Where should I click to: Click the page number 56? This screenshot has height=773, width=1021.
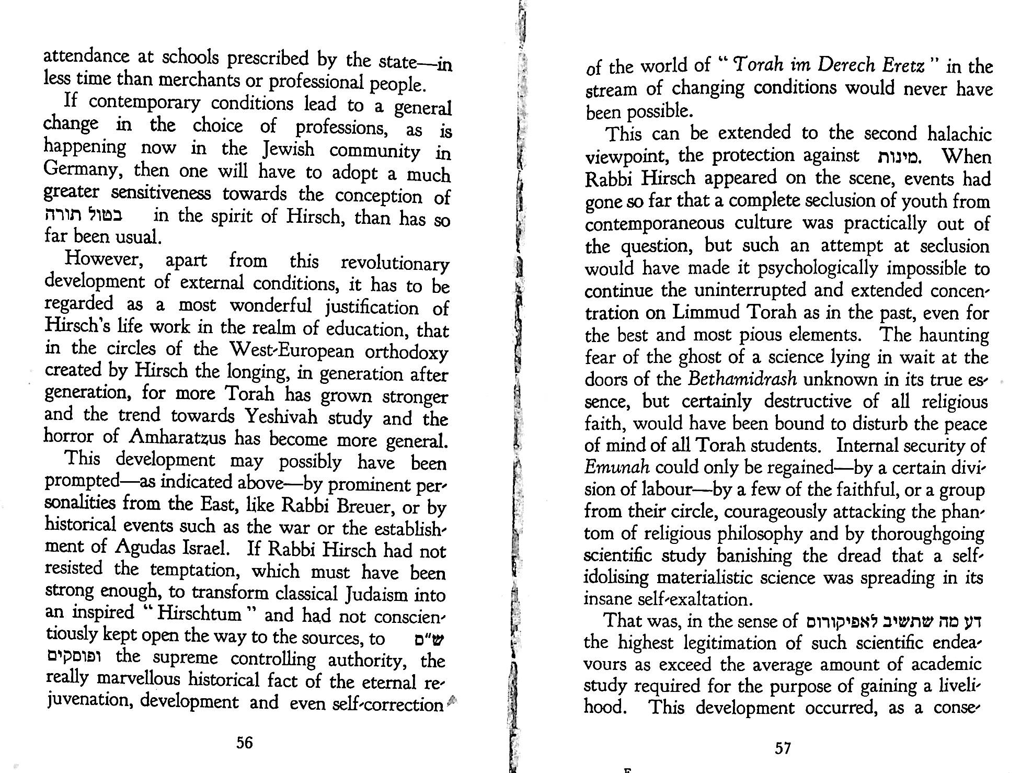tap(245, 742)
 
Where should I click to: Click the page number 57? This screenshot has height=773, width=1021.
tap(783, 748)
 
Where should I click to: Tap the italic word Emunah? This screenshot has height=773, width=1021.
tap(617, 467)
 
